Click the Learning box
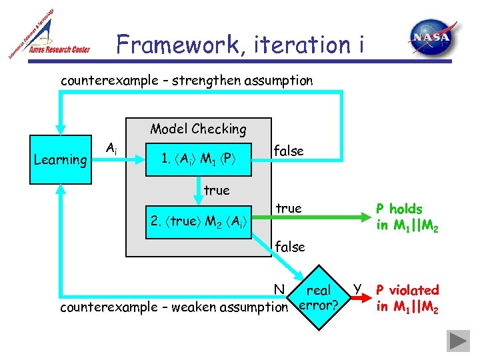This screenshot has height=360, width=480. point(61,159)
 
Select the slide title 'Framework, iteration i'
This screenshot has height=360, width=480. point(241,45)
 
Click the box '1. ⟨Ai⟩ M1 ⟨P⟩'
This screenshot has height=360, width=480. point(201,159)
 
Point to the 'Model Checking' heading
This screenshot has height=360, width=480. point(198,129)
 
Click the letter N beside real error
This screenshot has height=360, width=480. point(280,289)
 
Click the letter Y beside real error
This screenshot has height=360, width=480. point(358,288)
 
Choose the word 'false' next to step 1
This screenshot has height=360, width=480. point(289,151)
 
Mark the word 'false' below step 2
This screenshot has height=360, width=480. point(290,247)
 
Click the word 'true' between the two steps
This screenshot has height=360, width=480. point(216,191)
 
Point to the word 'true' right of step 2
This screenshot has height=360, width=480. point(288,209)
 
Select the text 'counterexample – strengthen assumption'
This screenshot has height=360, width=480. point(187,81)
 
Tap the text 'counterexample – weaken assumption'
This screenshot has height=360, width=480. point(173,307)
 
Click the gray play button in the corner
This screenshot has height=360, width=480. point(459,340)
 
